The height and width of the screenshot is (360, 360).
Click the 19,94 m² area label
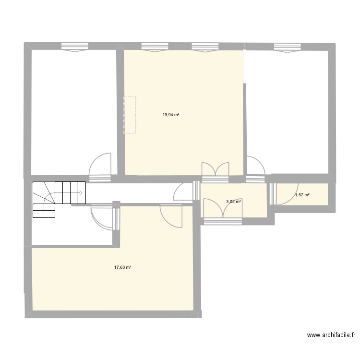coord(171,115)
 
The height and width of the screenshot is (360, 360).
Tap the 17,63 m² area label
coord(122,267)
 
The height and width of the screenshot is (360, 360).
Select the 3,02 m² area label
coord(233,202)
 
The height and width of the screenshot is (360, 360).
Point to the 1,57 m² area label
coord(302,195)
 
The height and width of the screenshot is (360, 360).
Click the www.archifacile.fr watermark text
coord(331,335)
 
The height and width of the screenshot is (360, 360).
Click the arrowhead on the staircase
coord(81,193)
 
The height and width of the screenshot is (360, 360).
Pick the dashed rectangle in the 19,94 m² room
coord(130,115)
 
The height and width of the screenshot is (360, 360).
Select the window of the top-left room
coord(75,48)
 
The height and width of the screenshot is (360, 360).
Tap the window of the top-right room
coord(287,48)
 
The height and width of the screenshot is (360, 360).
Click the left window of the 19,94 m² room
coord(155,48)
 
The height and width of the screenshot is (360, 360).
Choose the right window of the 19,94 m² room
coord(205,48)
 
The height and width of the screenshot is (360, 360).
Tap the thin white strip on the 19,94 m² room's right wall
coord(245,66)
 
